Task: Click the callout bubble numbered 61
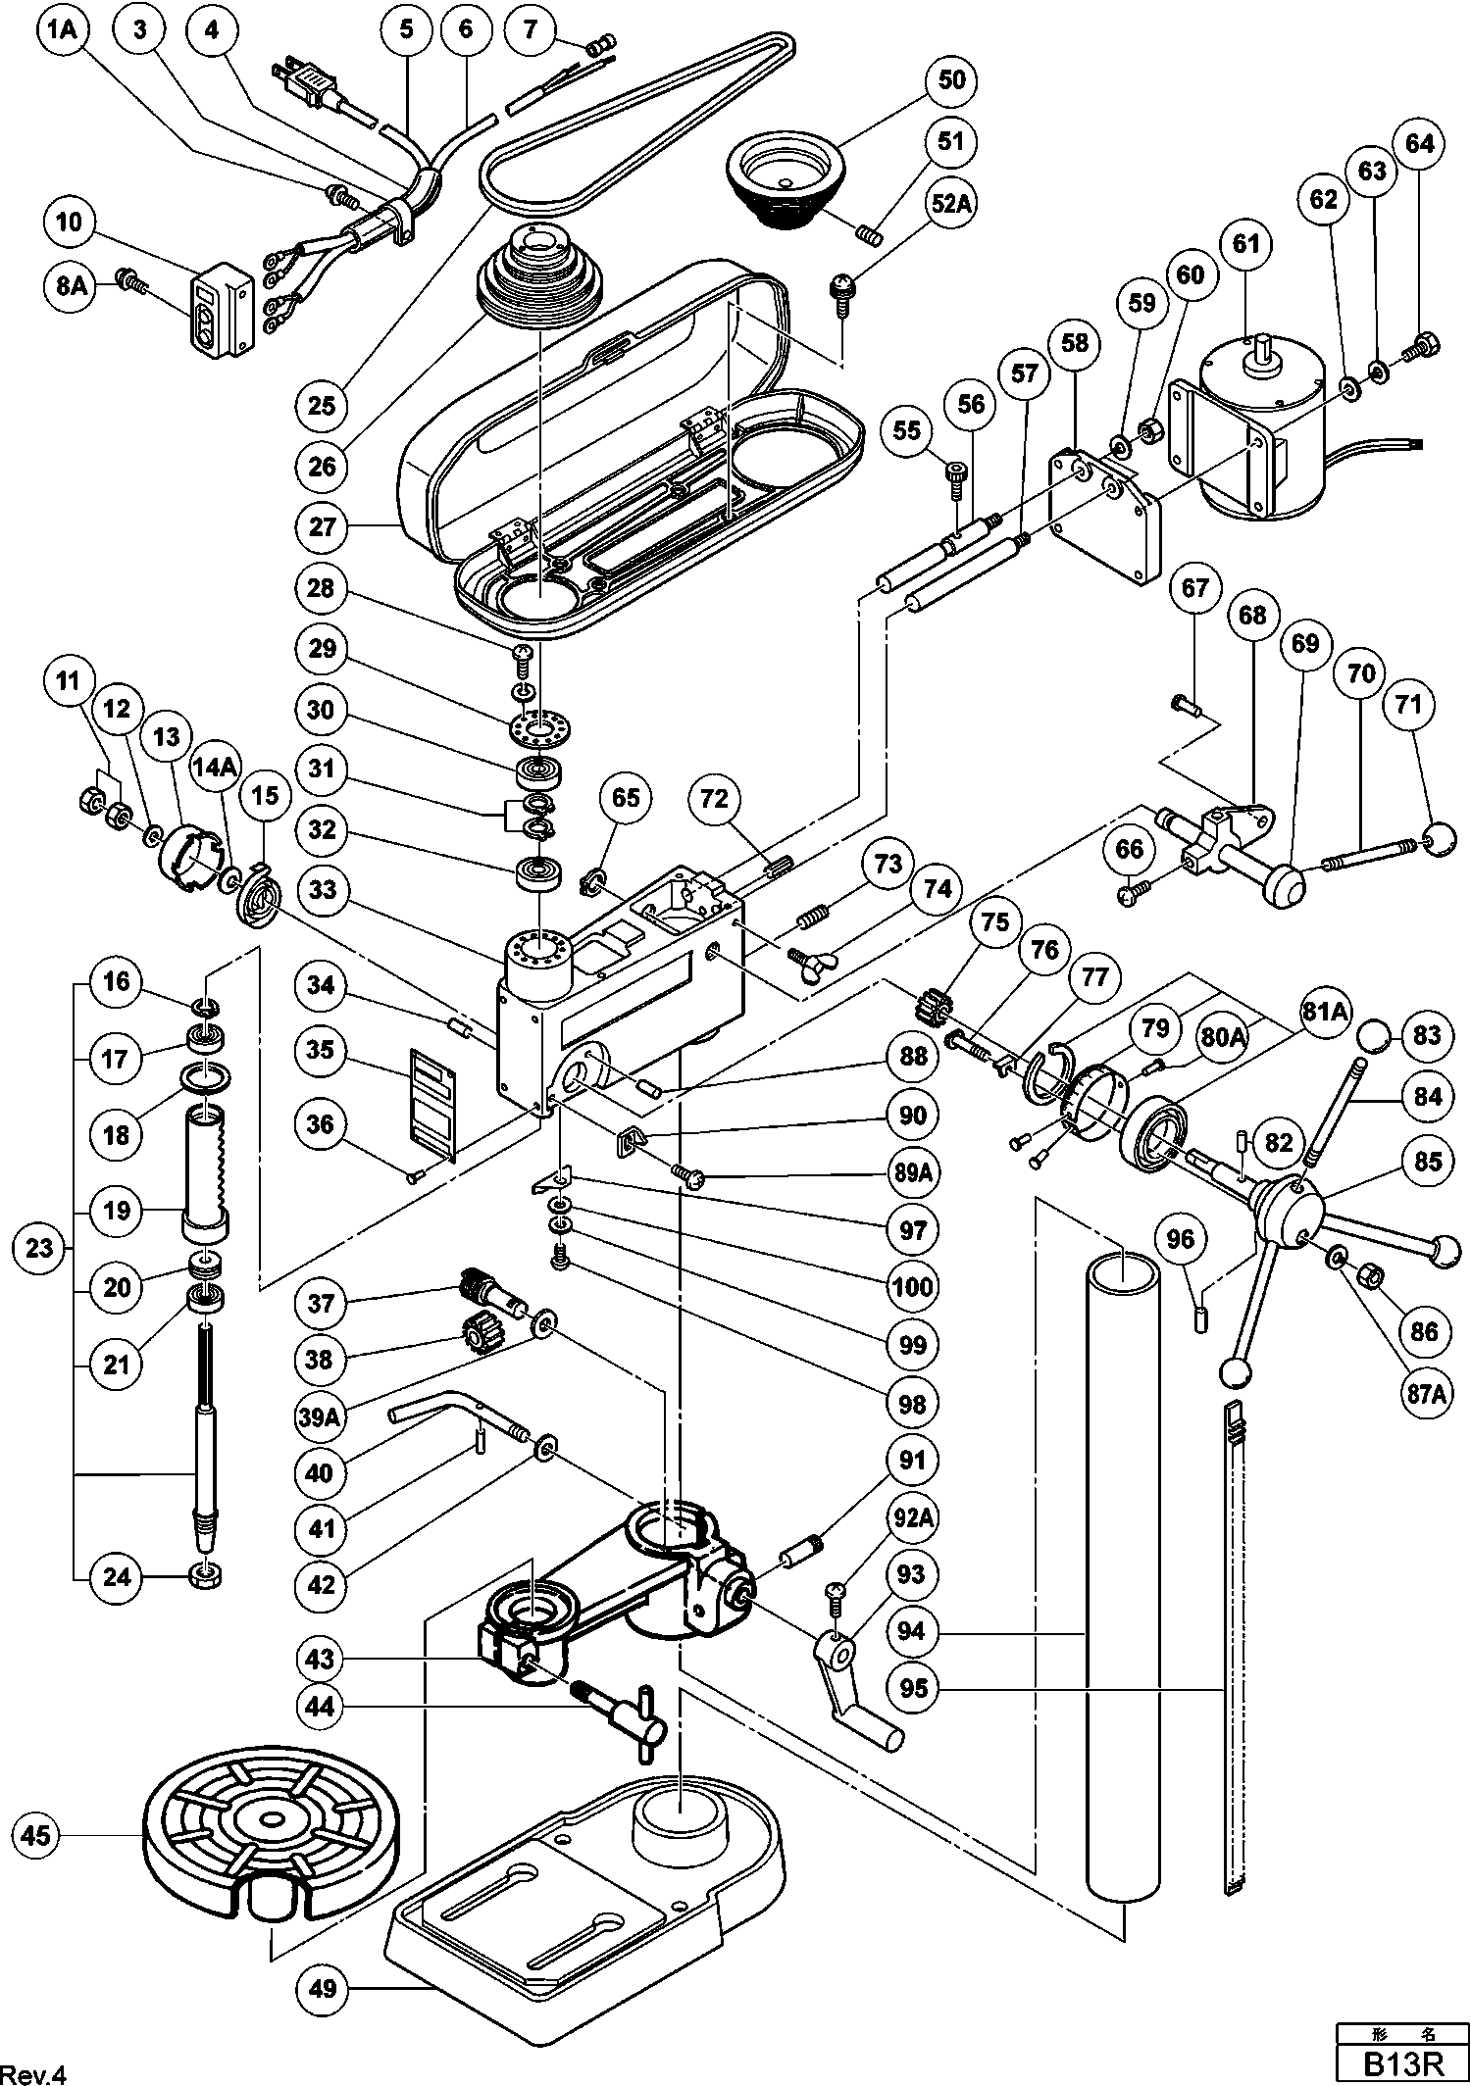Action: (1244, 243)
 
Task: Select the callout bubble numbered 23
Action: (39, 1249)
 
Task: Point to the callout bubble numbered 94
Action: (912, 1632)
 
